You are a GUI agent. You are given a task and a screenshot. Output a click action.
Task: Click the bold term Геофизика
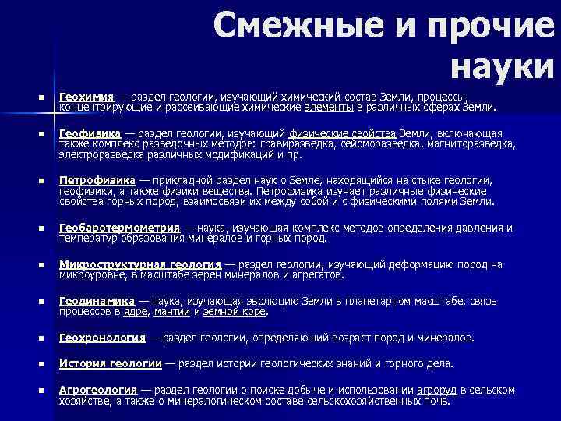(90, 133)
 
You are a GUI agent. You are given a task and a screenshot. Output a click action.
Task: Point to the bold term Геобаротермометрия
(118, 228)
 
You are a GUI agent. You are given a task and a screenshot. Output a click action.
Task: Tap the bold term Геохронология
(102, 338)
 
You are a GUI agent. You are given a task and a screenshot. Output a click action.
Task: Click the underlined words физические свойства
(342, 133)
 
